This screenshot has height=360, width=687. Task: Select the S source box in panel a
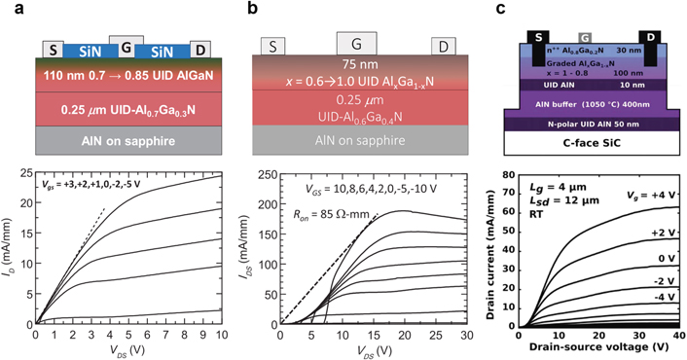54,49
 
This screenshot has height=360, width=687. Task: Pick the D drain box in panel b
443,46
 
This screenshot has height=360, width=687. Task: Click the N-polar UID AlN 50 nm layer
585,125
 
